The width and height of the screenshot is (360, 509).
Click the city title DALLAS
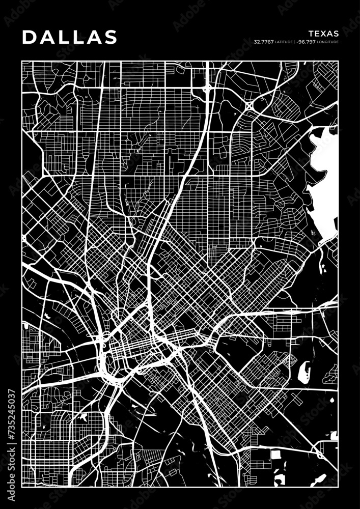pos(70,37)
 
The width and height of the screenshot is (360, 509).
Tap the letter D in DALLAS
pos(29,37)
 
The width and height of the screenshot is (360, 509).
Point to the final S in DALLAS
pos(110,37)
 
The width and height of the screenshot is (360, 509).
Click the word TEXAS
pos(323,34)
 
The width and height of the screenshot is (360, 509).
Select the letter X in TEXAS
pos(323,34)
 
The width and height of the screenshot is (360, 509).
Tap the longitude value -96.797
pos(308,42)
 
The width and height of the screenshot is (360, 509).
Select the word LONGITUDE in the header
pos(328,42)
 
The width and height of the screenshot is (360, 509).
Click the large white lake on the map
pos(323,168)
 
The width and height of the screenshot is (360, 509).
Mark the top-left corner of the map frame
pos(22,61)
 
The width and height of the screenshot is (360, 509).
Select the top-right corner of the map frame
pos(338,61)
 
